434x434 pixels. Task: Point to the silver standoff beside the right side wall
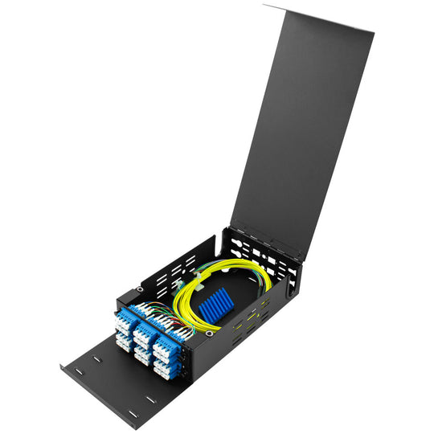point(209,331)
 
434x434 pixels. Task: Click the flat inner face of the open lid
point(301,129)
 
